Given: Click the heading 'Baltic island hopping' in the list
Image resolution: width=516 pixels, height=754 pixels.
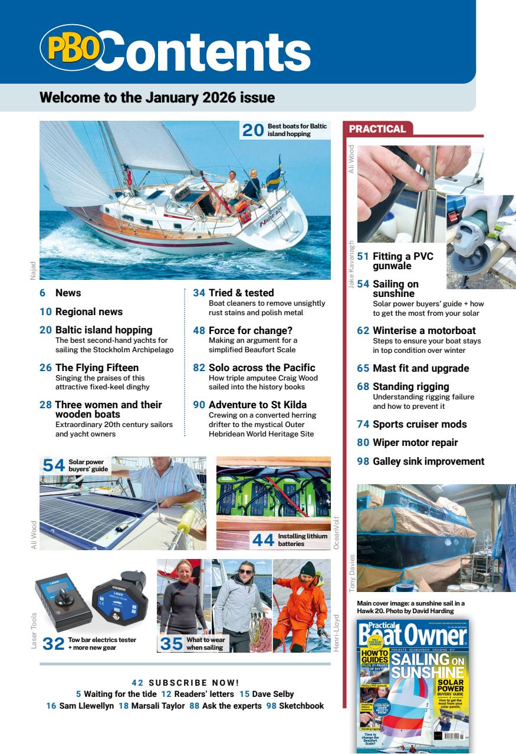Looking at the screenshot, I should (104, 330).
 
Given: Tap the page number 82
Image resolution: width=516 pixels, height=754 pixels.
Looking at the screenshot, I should (199, 368).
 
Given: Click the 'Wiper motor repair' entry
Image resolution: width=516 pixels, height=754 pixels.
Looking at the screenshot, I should (415, 443).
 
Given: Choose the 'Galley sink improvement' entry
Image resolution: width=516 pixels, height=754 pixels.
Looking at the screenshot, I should (428, 461).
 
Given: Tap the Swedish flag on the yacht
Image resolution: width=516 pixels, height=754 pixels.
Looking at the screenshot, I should (273, 176).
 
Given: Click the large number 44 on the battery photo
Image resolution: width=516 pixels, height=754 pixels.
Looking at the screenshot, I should (264, 540).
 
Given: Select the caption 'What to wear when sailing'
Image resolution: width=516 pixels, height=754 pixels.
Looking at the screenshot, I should (205, 643).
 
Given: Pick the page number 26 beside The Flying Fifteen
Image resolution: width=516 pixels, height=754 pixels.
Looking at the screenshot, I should (45, 368).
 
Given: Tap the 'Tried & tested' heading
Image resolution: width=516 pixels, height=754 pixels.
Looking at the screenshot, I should (241, 293).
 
